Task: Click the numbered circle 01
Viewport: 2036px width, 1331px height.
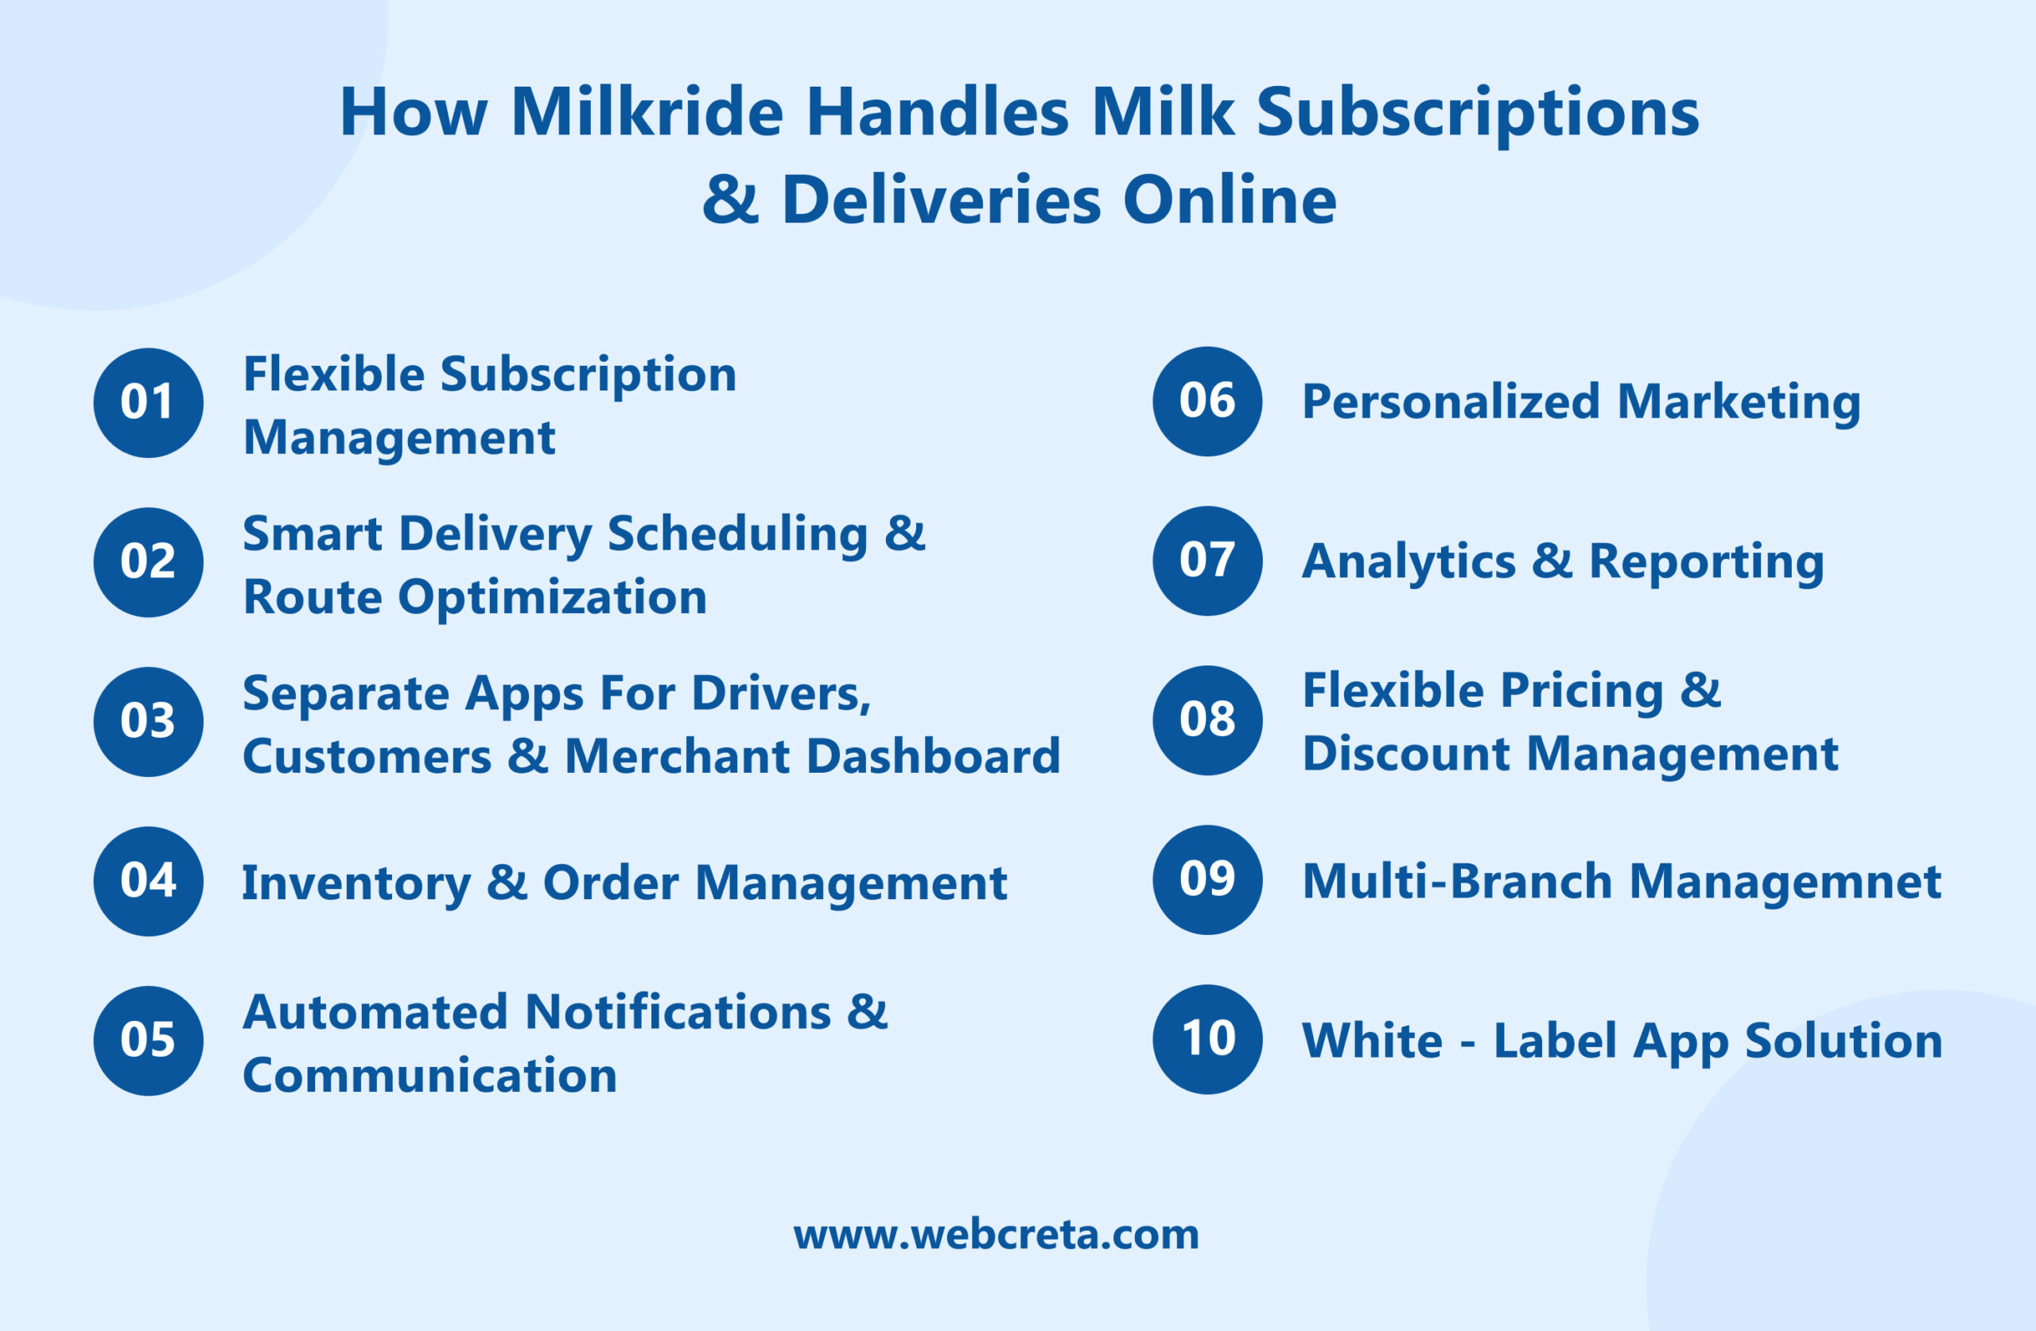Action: (148, 403)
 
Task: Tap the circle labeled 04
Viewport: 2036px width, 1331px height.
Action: (148, 881)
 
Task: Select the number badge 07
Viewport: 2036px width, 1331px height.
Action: (1207, 561)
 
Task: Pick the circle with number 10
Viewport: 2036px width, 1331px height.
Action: (1207, 1039)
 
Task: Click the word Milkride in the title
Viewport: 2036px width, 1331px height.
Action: (647, 112)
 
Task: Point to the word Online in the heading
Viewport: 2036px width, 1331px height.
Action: (1229, 200)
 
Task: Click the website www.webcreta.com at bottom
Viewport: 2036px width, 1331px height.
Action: (996, 1234)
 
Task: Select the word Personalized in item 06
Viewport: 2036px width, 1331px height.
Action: (1450, 402)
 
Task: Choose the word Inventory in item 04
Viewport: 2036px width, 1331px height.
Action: (356, 883)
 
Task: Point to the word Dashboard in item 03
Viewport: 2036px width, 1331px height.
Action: (932, 756)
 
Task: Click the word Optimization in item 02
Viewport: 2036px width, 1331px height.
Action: (553, 596)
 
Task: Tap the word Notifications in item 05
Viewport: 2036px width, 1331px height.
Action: (678, 1012)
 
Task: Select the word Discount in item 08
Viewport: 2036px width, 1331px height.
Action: (1405, 754)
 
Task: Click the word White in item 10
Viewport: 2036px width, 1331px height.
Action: (1372, 1041)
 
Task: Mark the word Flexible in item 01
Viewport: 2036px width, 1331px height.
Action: (333, 374)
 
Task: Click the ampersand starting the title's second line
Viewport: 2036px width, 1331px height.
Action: (730, 200)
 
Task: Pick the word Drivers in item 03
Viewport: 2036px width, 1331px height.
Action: (781, 693)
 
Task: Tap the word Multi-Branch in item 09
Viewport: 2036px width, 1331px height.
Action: (1456, 881)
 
